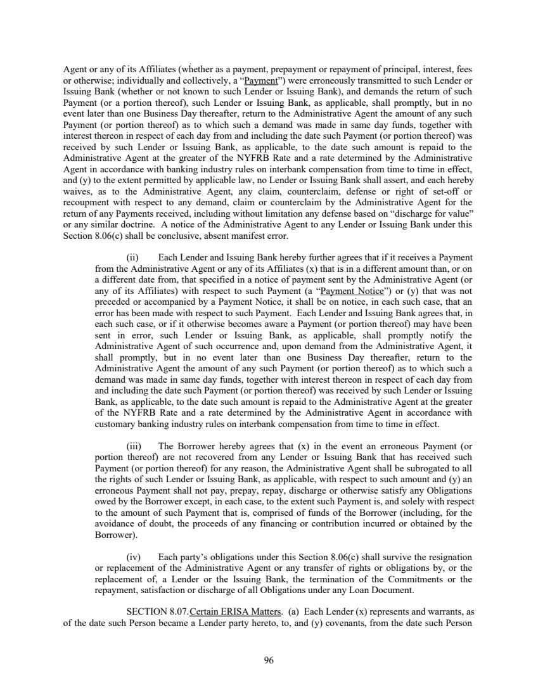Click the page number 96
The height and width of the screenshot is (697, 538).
point(269,660)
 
